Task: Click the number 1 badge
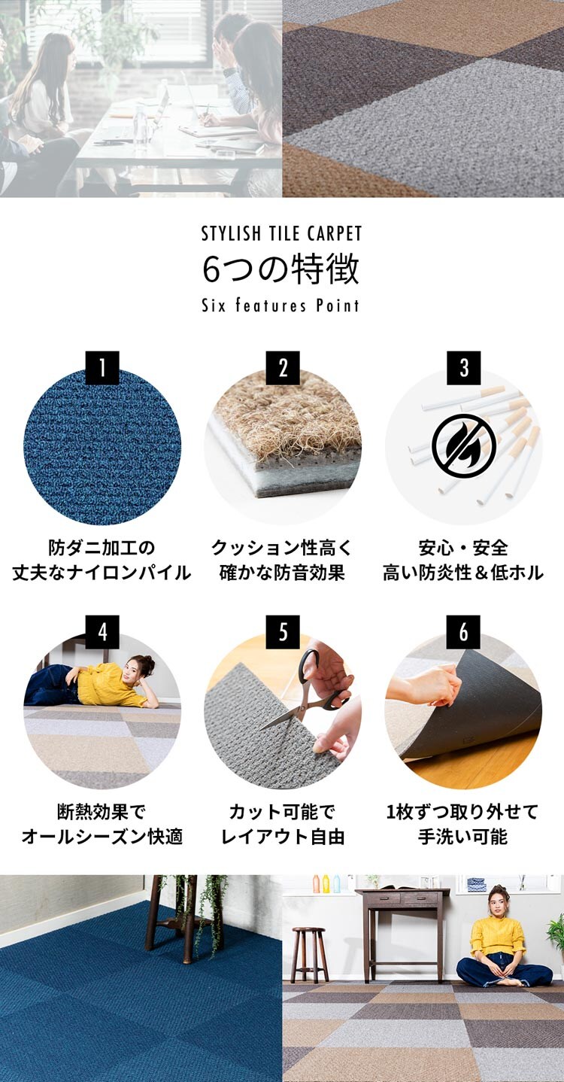[102, 368]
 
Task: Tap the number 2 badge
[283, 368]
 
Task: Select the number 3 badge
[463, 368]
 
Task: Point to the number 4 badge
[102, 632]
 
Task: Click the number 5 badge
[283, 632]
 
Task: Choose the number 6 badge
[463, 632]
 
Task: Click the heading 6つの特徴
[281, 269]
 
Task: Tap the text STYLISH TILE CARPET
[281, 233]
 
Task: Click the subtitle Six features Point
[281, 305]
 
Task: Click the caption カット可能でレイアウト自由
[283, 824]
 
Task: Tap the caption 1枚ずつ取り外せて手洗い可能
[463, 824]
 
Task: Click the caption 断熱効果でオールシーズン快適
[102, 824]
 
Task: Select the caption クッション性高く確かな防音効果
[283, 560]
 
